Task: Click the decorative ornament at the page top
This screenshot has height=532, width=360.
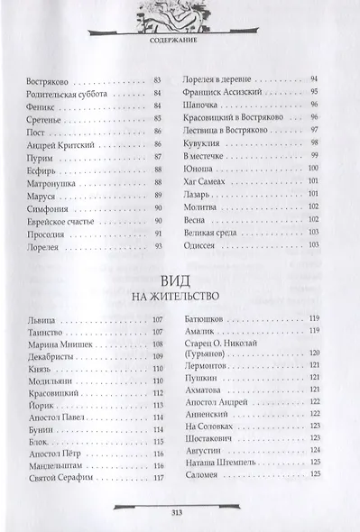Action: pos(180,14)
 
